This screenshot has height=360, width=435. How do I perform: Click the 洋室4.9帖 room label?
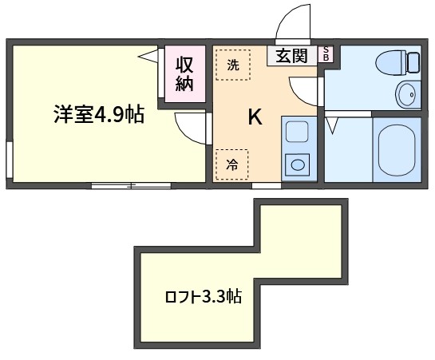[99, 114]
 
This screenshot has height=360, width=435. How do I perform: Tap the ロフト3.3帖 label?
[203, 296]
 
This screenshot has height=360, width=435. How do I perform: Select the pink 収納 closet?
[185, 74]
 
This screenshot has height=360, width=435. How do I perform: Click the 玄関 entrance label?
[291, 56]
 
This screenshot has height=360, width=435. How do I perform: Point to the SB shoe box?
[326, 53]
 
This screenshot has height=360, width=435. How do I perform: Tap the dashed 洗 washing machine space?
[233, 65]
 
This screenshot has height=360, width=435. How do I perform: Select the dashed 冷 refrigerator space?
[232, 164]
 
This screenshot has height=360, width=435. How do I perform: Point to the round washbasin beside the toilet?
[409, 94]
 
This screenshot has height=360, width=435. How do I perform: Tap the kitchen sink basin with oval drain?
[297, 164]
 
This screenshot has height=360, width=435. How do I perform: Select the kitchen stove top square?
[297, 132]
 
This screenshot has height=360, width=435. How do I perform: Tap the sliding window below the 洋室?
[131, 185]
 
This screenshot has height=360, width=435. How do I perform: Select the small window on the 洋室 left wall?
[10, 160]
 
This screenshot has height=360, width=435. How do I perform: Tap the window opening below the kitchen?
[267, 185]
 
